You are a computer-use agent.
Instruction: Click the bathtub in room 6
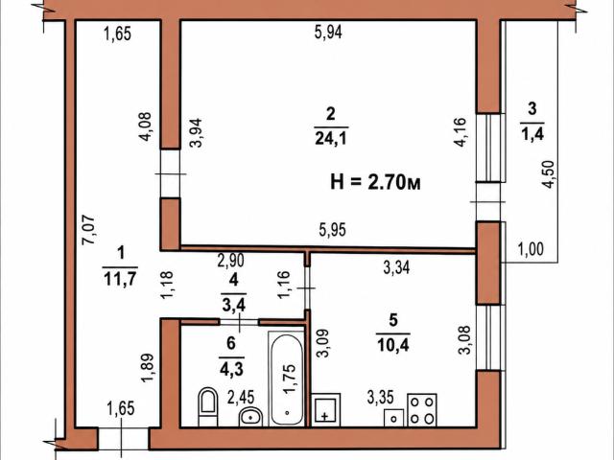click(x=287, y=379)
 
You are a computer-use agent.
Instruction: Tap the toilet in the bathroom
click(x=208, y=406)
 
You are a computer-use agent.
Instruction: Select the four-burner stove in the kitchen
click(x=422, y=410)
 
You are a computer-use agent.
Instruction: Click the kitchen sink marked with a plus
click(x=326, y=410)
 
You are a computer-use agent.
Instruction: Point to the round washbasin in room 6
click(x=250, y=417)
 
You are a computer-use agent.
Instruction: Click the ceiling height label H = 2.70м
click(x=375, y=182)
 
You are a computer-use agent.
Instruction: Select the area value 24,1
click(x=331, y=138)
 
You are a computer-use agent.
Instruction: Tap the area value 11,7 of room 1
click(x=120, y=279)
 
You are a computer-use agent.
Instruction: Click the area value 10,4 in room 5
click(x=392, y=345)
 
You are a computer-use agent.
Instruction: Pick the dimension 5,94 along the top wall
click(x=328, y=32)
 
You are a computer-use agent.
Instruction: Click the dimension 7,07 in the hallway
click(x=88, y=230)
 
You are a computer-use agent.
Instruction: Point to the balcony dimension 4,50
click(x=550, y=174)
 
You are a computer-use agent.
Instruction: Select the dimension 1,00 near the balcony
click(x=531, y=249)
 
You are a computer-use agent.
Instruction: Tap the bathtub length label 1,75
click(x=289, y=379)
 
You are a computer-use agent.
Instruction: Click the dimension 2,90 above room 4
click(x=231, y=260)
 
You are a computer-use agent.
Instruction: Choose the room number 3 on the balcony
click(x=531, y=108)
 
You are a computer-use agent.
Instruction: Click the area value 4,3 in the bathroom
click(x=231, y=369)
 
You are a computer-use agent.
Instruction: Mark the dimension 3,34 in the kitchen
click(x=396, y=268)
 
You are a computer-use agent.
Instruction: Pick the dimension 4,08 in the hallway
click(x=145, y=126)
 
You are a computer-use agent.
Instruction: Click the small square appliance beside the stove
click(x=394, y=418)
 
